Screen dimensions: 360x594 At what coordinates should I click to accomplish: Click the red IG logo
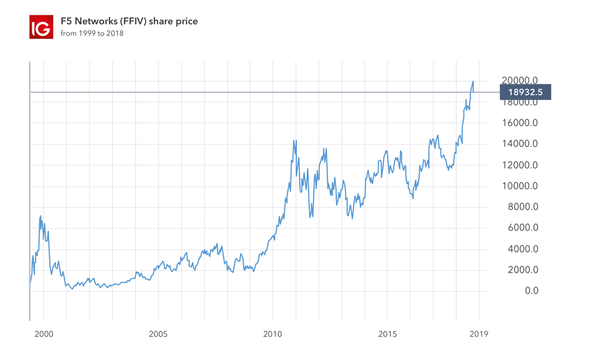(x=41, y=27)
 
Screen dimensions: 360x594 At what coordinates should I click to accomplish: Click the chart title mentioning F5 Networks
(x=129, y=21)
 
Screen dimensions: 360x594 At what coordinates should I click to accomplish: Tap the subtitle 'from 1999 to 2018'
(x=92, y=34)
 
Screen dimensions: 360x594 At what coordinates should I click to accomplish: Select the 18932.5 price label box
(x=525, y=92)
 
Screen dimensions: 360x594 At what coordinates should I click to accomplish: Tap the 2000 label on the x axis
(x=43, y=334)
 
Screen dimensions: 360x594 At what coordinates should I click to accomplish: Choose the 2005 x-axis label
(x=158, y=334)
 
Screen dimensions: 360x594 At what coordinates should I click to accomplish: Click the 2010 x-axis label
(x=273, y=334)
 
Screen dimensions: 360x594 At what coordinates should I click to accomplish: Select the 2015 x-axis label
(x=387, y=334)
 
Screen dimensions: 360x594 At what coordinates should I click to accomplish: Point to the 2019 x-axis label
(x=479, y=334)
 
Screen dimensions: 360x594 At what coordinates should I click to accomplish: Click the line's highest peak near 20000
(x=473, y=81)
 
